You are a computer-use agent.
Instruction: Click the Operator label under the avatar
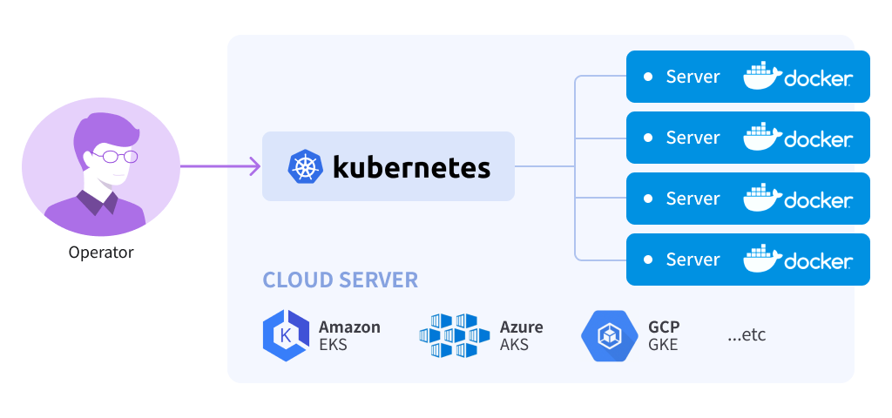click(101, 253)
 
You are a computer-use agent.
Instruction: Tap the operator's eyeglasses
click(116, 157)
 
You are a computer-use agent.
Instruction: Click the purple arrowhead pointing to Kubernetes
click(253, 165)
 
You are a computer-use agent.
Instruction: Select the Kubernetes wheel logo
click(305, 166)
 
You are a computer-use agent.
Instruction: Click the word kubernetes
click(411, 165)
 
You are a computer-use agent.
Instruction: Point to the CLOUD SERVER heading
click(341, 280)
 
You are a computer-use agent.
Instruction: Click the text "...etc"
click(747, 334)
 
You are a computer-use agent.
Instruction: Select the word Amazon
click(349, 327)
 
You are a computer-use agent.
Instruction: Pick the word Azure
click(521, 327)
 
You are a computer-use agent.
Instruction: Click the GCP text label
click(664, 327)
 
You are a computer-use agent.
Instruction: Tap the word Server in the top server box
click(693, 77)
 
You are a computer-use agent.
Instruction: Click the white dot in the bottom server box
click(648, 260)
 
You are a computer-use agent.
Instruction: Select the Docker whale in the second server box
click(761, 138)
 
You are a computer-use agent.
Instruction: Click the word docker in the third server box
click(818, 201)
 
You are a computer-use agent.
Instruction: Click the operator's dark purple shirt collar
click(97, 202)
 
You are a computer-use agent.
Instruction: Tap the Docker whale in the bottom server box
click(761, 260)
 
